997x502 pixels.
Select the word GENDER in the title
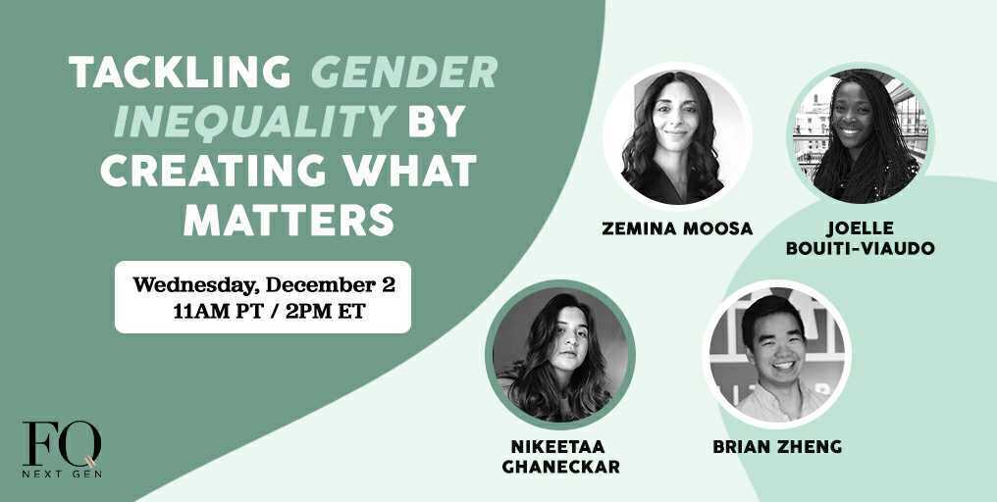[x=404, y=73]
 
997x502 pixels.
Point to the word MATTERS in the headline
[x=289, y=220]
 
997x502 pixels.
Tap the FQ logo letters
[x=61, y=444]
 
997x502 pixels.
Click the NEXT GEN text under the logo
[x=62, y=473]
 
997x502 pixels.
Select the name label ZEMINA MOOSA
[x=677, y=228]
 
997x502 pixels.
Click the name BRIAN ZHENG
[x=776, y=447]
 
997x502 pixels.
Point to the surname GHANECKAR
[x=560, y=467]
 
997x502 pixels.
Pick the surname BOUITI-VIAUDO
[x=860, y=248]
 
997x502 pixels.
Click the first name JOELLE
[x=860, y=228]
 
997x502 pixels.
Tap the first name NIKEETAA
[x=560, y=447]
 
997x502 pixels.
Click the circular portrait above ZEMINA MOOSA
[x=677, y=137]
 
